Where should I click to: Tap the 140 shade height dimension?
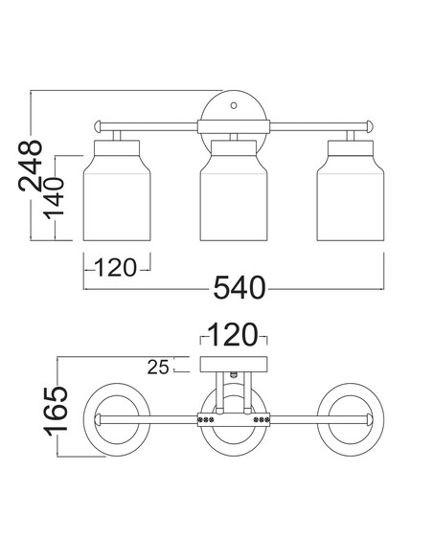(x=54, y=198)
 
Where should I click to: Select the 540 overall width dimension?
(x=239, y=287)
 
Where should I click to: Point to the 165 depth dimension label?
(x=56, y=411)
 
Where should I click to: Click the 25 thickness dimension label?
(x=158, y=367)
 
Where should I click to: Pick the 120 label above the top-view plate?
(x=232, y=335)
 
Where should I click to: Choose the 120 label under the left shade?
(x=116, y=268)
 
